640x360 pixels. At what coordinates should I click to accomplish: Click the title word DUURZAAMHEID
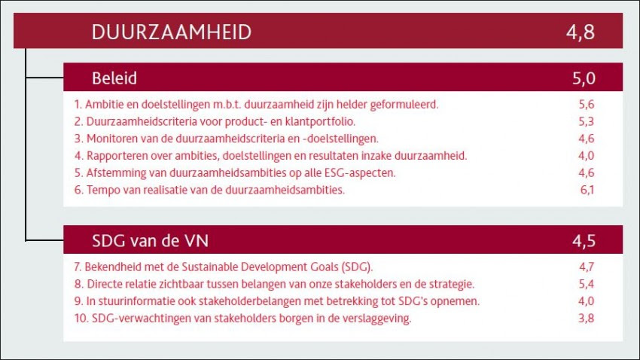point(172,32)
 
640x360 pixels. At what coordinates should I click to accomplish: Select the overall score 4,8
point(581,32)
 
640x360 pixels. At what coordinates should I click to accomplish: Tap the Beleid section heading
point(114,78)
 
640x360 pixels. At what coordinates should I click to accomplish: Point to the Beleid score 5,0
point(584,78)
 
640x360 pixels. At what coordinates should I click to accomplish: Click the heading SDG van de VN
point(150,241)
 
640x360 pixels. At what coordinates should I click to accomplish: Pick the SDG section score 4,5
point(584,241)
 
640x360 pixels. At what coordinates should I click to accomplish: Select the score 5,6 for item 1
point(587,105)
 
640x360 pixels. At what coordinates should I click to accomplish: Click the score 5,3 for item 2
point(587,122)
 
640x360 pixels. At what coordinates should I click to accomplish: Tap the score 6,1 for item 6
point(587,190)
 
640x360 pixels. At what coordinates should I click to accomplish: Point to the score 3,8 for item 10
point(587,319)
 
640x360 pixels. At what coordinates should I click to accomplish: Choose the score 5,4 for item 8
point(587,284)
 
